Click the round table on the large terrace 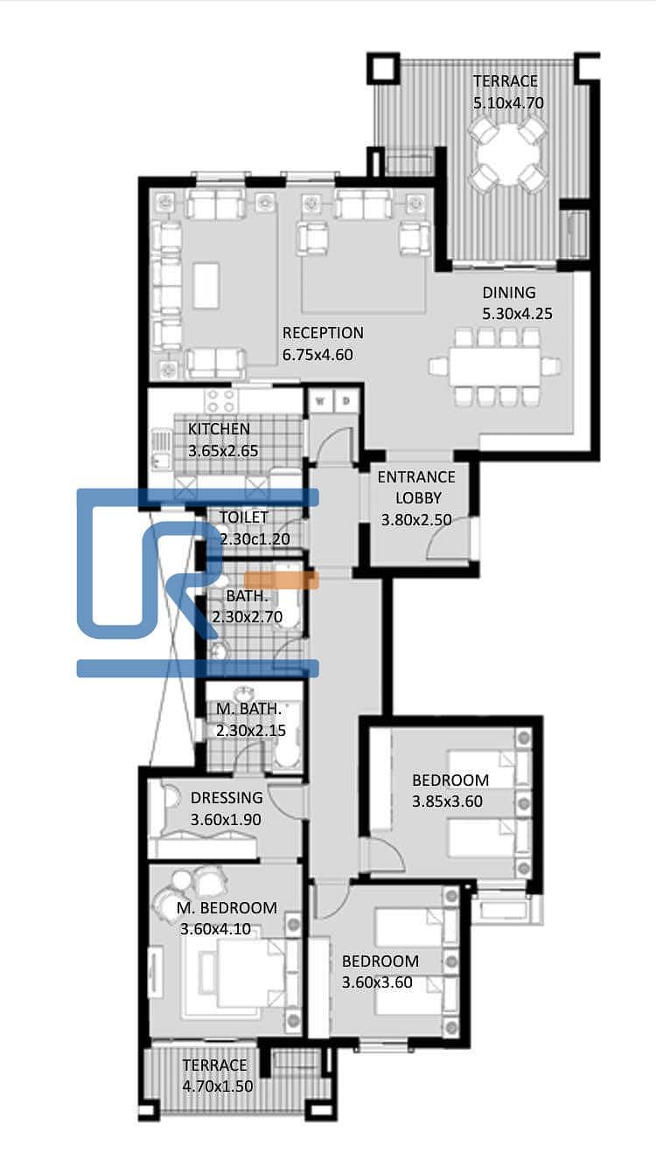(507, 155)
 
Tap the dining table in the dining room (495, 366)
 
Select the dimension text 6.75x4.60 (318, 355)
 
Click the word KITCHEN (219, 429)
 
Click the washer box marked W (321, 401)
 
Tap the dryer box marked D (345, 401)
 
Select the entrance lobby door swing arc (443, 541)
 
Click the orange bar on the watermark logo (282, 580)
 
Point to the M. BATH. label (249, 709)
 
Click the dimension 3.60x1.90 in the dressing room (226, 819)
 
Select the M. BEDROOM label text (227, 907)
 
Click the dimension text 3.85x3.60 (447, 802)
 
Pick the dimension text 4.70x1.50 (218, 1086)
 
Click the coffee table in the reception (206, 286)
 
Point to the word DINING (508, 293)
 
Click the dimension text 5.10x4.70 (508, 102)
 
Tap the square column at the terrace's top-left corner (384, 67)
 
